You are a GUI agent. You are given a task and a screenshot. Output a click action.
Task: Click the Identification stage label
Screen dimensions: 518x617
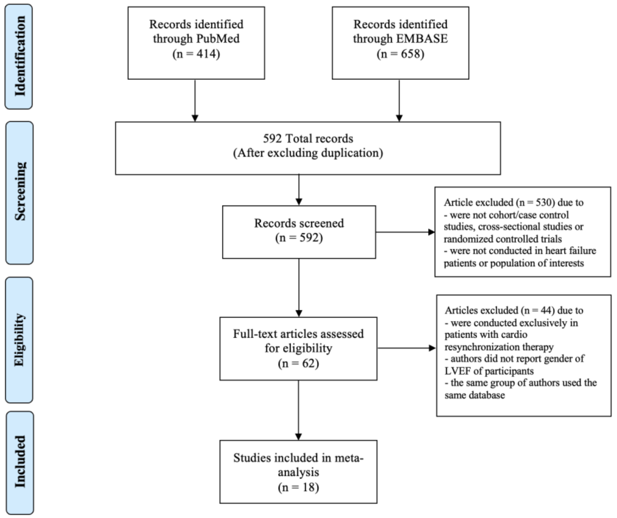point(19,56)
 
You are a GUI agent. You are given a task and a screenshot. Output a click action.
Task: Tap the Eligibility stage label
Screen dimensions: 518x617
point(19,340)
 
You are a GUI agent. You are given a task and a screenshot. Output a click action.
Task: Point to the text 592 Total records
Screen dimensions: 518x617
point(308,138)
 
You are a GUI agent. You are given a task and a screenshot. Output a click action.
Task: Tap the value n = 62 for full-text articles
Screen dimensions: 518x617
point(299,364)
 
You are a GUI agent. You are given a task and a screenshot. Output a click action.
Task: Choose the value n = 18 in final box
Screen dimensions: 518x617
point(299,487)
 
